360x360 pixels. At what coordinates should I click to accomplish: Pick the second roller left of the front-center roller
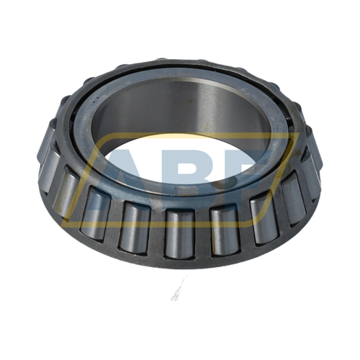95,213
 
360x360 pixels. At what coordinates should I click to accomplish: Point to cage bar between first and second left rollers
114,222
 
